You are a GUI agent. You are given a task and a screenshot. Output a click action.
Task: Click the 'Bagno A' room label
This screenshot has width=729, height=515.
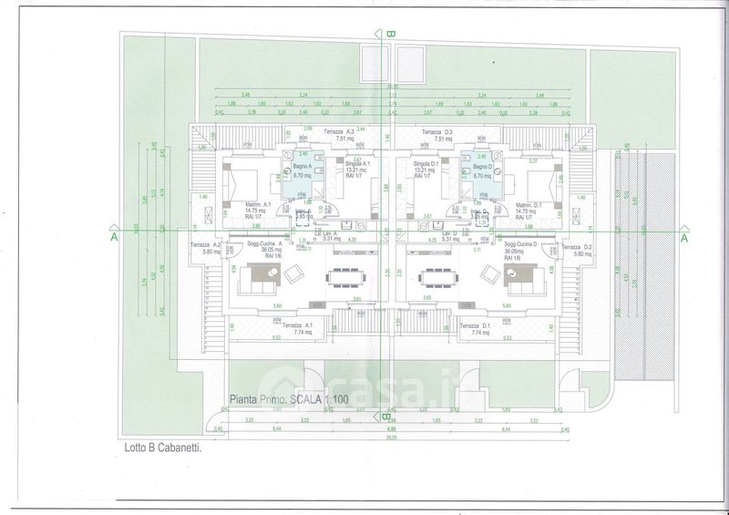(x=303, y=168)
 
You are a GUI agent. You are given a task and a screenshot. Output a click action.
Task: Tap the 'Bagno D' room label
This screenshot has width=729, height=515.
(x=484, y=168)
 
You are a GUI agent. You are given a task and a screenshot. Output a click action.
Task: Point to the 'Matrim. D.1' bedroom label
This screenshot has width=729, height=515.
(x=529, y=204)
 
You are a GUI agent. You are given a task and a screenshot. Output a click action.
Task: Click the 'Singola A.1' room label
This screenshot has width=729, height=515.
(x=353, y=164)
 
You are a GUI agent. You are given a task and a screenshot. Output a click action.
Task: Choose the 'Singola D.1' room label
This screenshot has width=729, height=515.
(x=426, y=164)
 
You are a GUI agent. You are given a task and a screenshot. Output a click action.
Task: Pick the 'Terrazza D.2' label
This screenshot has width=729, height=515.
(x=576, y=248)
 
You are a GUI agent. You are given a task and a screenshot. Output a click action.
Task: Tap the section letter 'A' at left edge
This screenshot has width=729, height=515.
(x=114, y=236)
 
